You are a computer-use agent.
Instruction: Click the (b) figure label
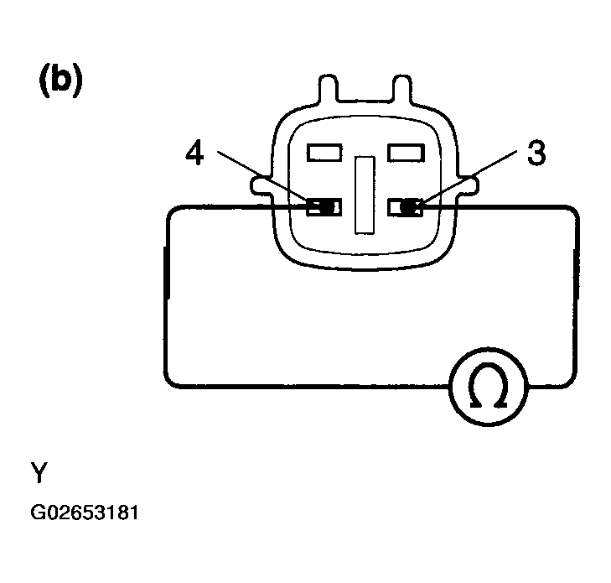tap(61, 81)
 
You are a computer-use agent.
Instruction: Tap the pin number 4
tap(194, 153)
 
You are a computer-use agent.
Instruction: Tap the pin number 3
tap(536, 152)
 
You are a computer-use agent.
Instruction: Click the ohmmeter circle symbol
tap(489, 387)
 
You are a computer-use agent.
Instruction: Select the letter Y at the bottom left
tap(39, 472)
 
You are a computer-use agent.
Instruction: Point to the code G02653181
tap(85, 513)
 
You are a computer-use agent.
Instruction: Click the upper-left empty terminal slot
tap(324, 152)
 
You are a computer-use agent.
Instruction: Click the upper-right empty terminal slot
tap(406, 152)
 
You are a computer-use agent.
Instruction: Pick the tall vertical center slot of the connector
tap(365, 195)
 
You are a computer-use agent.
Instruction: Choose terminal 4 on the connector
tap(324, 207)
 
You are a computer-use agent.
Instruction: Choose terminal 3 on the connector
tap(406, 207)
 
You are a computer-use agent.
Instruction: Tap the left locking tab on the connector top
tap(328, 89)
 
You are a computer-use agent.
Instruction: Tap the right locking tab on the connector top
tap(401, 89)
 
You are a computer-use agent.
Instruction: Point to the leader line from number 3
tap(470, 177)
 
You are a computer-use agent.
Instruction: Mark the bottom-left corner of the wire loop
tap(168, 383)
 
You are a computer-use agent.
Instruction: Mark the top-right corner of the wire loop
tap(573, 210)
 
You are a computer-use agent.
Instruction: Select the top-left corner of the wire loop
tap(171, 211)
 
